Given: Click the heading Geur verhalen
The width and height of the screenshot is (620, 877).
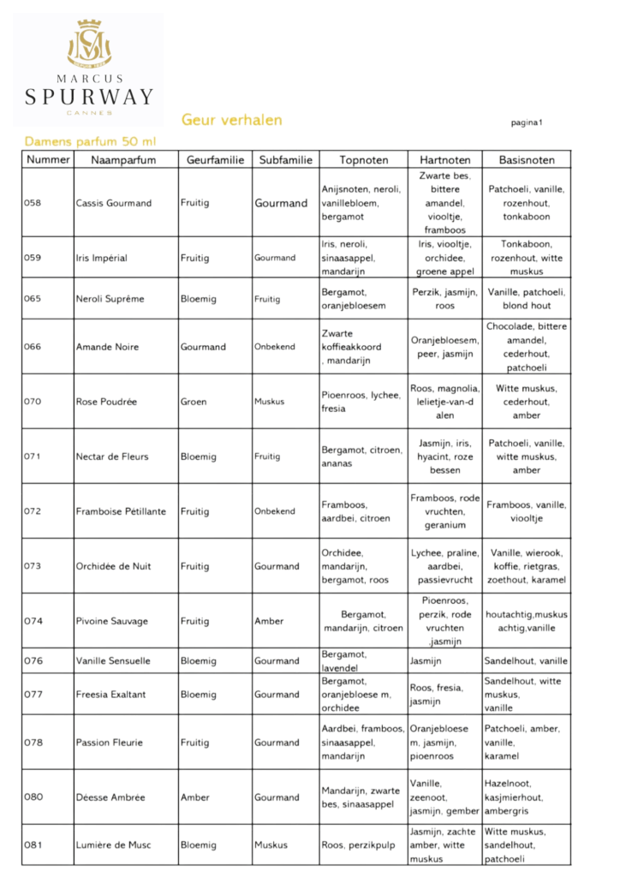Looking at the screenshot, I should click(x=231, y=120).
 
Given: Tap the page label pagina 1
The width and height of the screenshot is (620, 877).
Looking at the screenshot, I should click(x=527, y=122).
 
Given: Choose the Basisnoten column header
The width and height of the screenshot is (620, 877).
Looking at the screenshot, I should click(x=527, y=160).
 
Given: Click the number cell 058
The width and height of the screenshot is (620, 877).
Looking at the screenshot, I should click(x=34, y=203).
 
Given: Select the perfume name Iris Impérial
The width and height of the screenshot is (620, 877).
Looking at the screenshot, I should click(x=101, y=258).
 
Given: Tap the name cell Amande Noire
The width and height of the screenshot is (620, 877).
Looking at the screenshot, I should click(x=104, y=347).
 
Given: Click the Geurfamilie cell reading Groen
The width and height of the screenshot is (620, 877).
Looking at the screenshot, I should click(x=194, y=402).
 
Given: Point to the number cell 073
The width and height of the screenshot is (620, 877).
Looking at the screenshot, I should click(x=34, y=566).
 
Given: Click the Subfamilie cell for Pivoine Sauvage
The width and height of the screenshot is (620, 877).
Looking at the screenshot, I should click(x=268, y=621).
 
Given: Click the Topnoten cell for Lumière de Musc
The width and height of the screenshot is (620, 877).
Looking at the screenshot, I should click(x=358, y=845).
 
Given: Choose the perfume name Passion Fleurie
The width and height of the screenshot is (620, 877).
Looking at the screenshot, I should click(x=109, y=743).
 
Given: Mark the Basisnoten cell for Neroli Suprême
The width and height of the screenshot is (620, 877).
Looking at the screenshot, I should click(x=527, y=299).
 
